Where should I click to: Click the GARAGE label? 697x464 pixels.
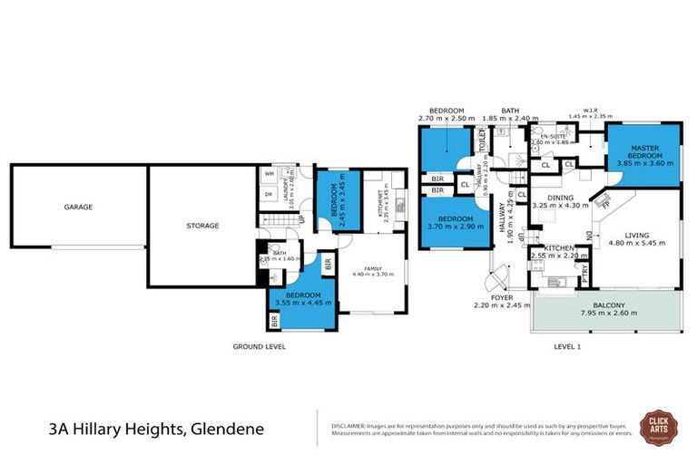[78, 207]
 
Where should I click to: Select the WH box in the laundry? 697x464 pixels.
[270, 174]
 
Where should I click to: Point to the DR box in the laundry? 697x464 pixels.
[270, 194]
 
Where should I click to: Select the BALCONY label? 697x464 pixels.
[609, 305]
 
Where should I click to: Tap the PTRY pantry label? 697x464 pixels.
[584, 269]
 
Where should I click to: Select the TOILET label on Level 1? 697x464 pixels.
[483, 141]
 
